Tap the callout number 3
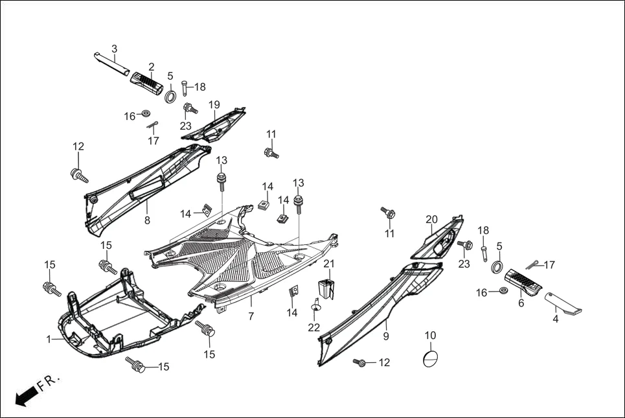115,49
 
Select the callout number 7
251,316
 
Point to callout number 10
430,335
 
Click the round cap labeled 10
431,359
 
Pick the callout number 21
329,264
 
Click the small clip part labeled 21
326,288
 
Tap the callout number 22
314,327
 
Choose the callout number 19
214,104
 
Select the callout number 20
432,220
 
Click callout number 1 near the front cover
49,339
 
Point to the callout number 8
147,220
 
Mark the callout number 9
386,336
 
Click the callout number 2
152,67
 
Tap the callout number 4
555,318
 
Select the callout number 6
521,303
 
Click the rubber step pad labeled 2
146,84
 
